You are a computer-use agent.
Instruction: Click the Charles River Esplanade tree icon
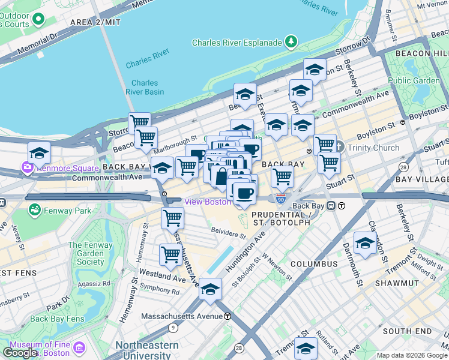pos(291,42)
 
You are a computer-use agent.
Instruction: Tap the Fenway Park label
pos(64,210)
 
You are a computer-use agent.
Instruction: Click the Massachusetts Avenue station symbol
pos(228,316)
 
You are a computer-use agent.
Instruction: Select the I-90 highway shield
pos(281,198)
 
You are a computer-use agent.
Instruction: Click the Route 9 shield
pos(173,328)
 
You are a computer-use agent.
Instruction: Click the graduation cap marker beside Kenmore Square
pos(39,154)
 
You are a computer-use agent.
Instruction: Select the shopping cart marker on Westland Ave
pos(171,255)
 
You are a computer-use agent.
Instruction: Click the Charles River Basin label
pos(145,88)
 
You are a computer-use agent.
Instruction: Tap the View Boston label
pos(207,202)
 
